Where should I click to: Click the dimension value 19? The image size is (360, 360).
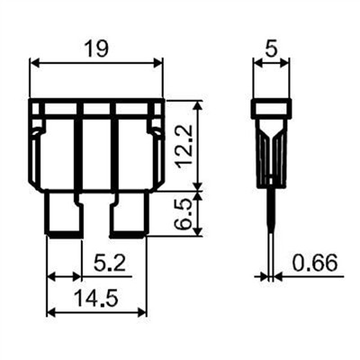[x=95, y=49]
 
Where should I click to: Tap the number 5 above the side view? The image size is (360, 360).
[x=271, y=49]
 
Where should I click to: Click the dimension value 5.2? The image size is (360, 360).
[x=109, y=263]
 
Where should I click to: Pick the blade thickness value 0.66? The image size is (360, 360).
[x=315, y=263]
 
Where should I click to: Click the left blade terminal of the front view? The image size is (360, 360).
[x=63, y=213]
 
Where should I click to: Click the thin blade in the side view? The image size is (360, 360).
[x=271, y=228]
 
